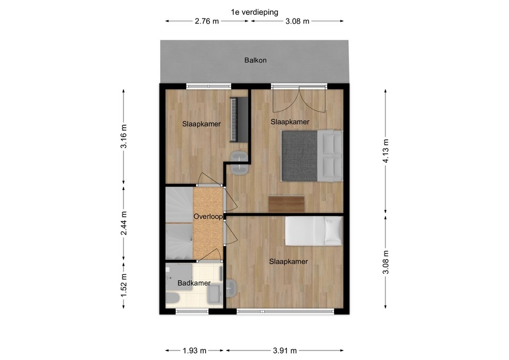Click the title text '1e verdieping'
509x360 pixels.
[254, 12]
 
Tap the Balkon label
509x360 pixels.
[256, 60]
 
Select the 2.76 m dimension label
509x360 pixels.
[207, 21]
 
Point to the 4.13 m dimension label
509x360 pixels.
[385, 151]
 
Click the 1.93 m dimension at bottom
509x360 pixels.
[195, 350]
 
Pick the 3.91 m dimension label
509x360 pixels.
[285, 350]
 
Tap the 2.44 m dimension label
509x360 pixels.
[124, 223]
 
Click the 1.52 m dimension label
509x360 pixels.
[124, 285]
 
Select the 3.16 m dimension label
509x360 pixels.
[124, 136]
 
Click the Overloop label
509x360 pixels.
[208, 216]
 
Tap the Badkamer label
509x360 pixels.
[194, 283]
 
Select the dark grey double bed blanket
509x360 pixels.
[299, 155]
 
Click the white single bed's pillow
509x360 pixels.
[333, 231]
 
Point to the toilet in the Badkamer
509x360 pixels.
[172, 297]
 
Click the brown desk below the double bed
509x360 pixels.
[286, 204]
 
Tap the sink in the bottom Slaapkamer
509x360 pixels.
[232, 288]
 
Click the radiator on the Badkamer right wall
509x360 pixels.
[221, 274]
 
